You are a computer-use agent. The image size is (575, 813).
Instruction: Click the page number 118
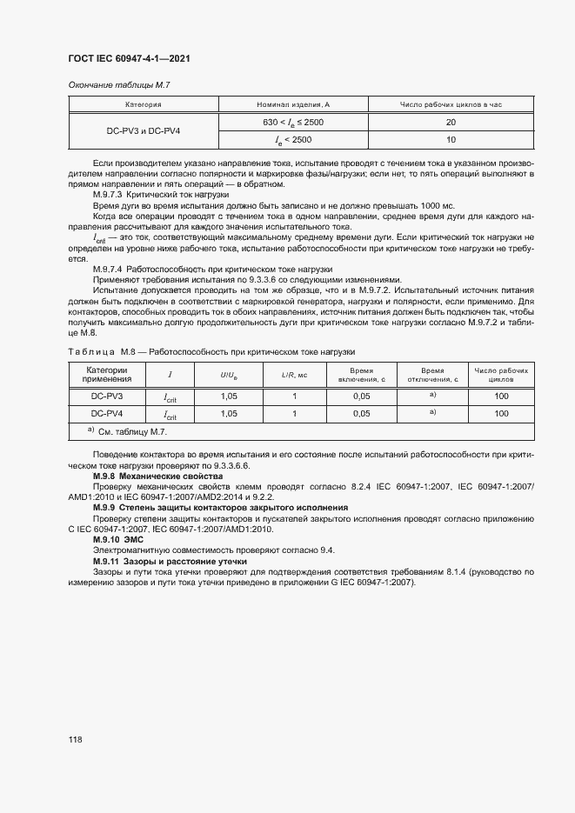75,740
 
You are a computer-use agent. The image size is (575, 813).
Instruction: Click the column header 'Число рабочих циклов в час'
450,104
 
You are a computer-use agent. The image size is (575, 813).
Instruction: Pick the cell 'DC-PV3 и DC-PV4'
144,130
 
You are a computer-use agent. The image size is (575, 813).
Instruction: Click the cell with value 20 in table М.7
450,123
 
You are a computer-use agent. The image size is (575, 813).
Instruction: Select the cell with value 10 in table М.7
450,139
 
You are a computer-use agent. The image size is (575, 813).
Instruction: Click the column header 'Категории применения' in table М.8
106,375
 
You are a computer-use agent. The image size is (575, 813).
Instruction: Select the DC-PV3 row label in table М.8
106,397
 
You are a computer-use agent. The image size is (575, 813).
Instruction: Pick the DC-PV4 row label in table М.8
106,414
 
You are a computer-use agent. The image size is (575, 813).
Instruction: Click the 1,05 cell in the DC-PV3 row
229,397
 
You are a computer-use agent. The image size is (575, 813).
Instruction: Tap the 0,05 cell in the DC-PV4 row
361,414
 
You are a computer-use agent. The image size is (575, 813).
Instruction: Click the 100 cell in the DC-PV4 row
500,414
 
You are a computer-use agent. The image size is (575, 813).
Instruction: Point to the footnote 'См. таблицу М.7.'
131,432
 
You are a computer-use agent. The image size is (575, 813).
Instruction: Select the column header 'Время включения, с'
361,375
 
